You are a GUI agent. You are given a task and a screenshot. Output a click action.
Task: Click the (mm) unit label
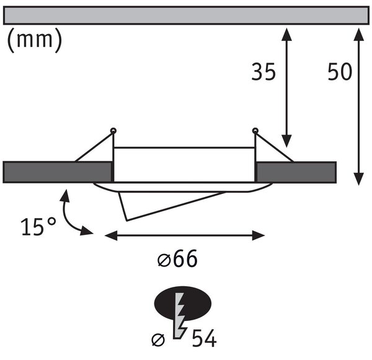[x=35, y=40]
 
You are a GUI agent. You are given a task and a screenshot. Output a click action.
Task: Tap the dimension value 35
[x=263, y=72]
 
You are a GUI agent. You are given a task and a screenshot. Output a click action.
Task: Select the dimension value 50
[x=340, y=72]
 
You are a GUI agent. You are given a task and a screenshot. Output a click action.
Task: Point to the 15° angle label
[x=38, y=226]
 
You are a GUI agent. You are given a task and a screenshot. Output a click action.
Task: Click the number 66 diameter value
[x=185, y=258]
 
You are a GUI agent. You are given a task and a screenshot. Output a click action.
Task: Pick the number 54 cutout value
[x=204, y=338]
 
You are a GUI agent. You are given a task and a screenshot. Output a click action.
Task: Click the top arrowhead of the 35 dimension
[x=286, y=34]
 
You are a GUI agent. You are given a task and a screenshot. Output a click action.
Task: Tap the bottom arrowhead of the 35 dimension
[x=286, y=141]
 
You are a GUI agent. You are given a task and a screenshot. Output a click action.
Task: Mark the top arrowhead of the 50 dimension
[x=359, y=34]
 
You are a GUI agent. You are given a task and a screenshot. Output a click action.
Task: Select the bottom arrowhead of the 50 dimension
[x=359, y=179]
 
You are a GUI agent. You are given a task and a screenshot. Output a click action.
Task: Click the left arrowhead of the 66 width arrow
[x=111, y=235]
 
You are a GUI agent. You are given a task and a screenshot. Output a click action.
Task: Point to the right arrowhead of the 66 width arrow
[x=258, y=235]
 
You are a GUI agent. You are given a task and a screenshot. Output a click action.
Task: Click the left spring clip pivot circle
[x=113, y=131]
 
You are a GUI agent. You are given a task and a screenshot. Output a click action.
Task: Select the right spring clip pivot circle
[x=255, y=131]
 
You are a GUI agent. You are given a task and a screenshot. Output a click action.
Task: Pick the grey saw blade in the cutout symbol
[x=179, y=315]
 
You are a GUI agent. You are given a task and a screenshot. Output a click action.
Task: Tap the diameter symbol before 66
[x=164, y=260]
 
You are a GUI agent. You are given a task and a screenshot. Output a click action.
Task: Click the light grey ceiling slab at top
[x=186, y=15]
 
